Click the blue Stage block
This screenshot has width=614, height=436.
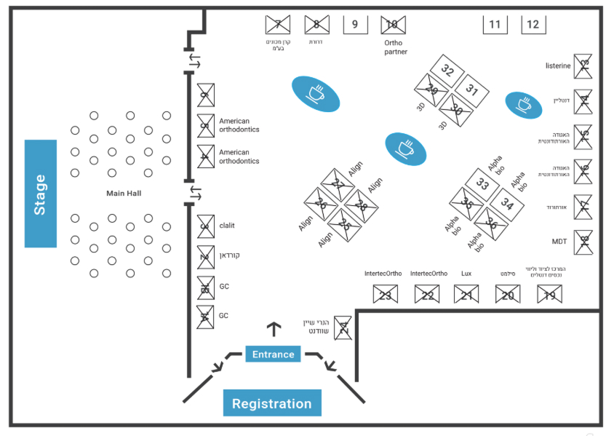coord(41,193)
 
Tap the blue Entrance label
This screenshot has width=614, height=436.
coord(273,354)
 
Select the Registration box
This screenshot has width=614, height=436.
coord(271,403)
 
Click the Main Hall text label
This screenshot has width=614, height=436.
coord(124,193)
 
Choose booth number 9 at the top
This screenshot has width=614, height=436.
coord(355,25)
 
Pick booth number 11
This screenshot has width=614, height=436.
coord(495,25)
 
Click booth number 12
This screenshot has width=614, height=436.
coord(533,25)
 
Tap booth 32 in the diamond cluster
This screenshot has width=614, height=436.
coord(447,72)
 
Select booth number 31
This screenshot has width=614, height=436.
coord(472,91)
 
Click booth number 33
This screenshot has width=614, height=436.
coord(482,184)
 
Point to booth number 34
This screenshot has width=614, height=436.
coord(507,205)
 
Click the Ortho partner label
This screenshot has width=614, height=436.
coord(395,47)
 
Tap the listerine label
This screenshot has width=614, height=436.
coord(558,66)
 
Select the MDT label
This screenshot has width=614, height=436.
coord(559,242)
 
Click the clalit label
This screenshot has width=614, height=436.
coord(227,226)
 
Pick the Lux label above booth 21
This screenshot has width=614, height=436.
coord(466,274)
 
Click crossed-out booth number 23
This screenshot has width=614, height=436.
coord(385,295)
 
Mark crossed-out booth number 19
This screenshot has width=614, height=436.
coord(549,295)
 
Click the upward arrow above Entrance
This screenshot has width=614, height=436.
coord(274,329)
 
